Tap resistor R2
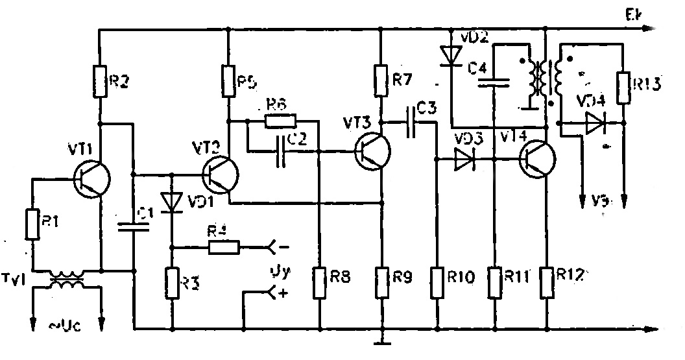(101, 80)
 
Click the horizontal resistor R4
(224, 246)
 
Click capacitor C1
(134, 226)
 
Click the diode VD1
(172, 203)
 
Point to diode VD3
(464, 158)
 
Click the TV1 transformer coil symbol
(67, 281)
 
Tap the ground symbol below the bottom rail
(383, 341)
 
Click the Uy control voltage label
(278, 272)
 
